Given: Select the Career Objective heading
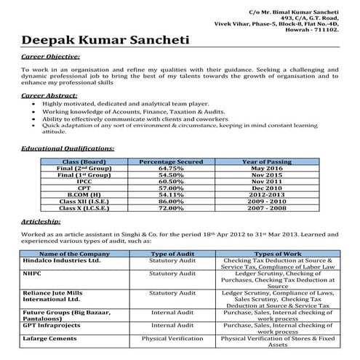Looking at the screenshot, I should click(x=51, y=55).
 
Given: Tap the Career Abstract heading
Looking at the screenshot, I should click(x=49, y=95).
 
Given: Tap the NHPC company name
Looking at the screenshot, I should click(x=33, y=273).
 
